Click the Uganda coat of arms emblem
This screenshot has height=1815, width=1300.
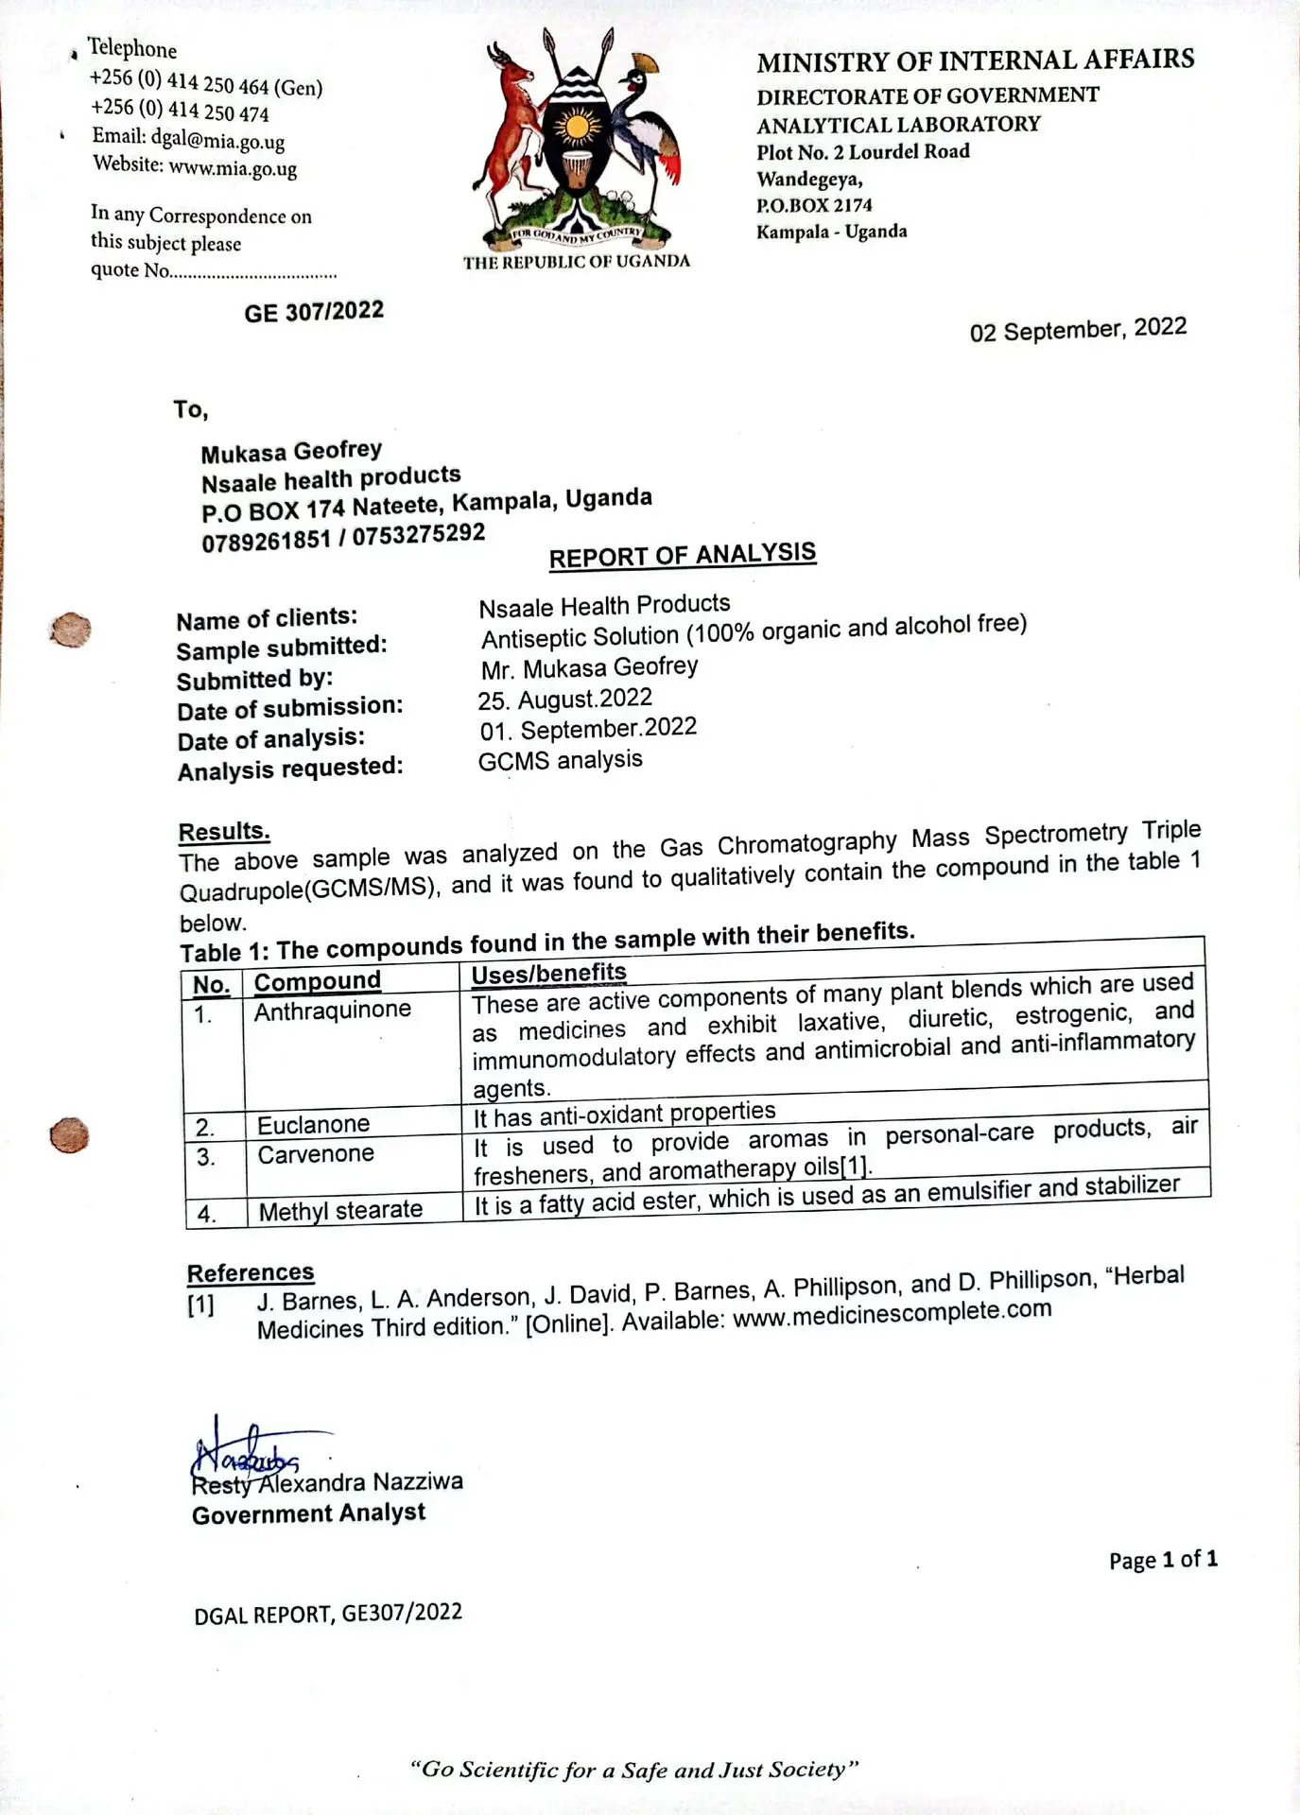(577, 142)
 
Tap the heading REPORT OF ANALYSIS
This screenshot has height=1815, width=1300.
(682, 555)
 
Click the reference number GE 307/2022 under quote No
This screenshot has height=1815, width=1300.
(314, 311)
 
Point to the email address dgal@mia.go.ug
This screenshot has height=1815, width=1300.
(217, 140)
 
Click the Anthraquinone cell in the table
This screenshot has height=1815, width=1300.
(332, 1011)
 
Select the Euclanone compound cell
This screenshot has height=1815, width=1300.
(313, 1124)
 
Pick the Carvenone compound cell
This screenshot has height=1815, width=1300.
(316, 1154)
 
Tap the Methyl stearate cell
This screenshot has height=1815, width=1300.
(340, 1210)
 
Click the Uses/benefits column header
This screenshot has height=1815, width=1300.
(548, 973)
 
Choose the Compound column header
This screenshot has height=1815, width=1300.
(317, 981)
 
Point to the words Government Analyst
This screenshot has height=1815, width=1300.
(308, 1513)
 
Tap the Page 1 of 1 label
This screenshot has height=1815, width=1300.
(1163, 1559)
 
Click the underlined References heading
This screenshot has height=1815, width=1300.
(251, 1272)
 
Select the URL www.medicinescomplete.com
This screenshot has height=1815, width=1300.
(892, 1313)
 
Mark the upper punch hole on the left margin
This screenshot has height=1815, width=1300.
(70, 630)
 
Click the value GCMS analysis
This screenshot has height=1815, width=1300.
(560, 760)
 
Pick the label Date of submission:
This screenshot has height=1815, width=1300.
(289, 707)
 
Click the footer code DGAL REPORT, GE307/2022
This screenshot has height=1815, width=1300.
(328, 1614)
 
